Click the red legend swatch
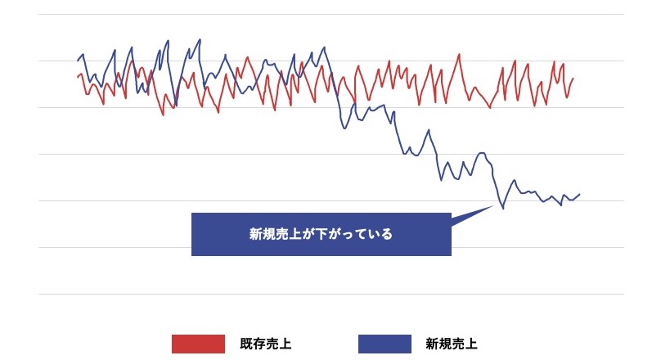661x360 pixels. point(198,344)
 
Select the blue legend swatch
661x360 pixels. point(384,344)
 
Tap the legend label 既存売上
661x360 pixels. point(266,344)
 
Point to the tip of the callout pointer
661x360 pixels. point(495,205)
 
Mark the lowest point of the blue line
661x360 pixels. point(502,209)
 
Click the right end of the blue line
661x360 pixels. point(580,194)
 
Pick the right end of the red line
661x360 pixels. point(573,79)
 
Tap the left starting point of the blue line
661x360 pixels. point(78,60)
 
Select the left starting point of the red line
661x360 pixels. point(78,78)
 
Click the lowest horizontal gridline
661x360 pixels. point(327,294)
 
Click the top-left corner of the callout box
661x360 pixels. point(191,214)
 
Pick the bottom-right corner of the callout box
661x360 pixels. point(452,256)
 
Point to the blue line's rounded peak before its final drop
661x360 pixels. point(482,153)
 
